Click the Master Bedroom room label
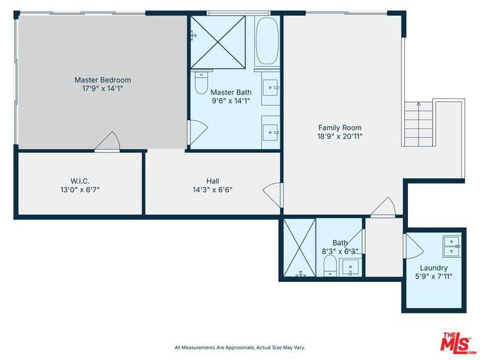103,79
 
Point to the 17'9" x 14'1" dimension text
103,88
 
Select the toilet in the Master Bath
201,82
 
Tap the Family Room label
340,127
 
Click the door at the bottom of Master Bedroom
107,140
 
